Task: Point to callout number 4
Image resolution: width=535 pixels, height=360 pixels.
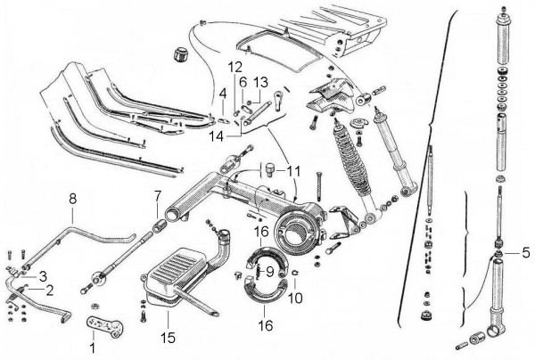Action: tap(223, 93)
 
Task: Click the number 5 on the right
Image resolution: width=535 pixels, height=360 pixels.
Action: tap(527, 253)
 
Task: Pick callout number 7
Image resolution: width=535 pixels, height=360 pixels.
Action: tap(158, 195)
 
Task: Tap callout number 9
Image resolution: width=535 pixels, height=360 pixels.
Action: tap(269, 271)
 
